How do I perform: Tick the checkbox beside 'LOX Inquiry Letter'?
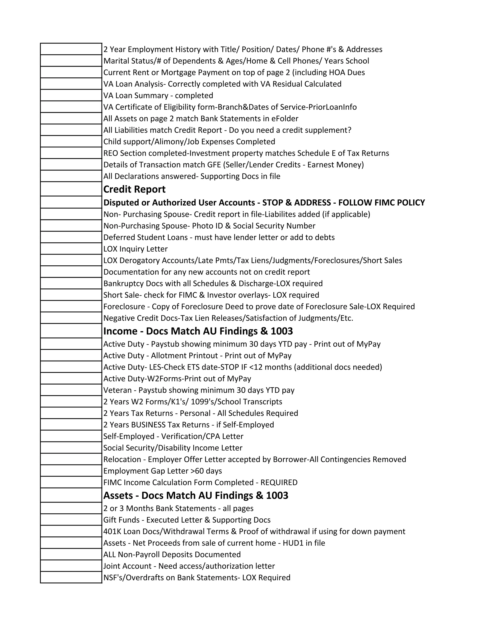71,249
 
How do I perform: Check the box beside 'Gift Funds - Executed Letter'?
71,520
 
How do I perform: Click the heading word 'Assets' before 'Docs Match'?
118,495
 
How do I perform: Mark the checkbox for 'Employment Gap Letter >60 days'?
71,471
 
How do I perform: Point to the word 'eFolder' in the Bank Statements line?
285,119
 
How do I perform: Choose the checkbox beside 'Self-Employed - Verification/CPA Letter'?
71,436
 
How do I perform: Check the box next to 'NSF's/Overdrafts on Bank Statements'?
71,577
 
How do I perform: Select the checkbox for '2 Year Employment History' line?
71,49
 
